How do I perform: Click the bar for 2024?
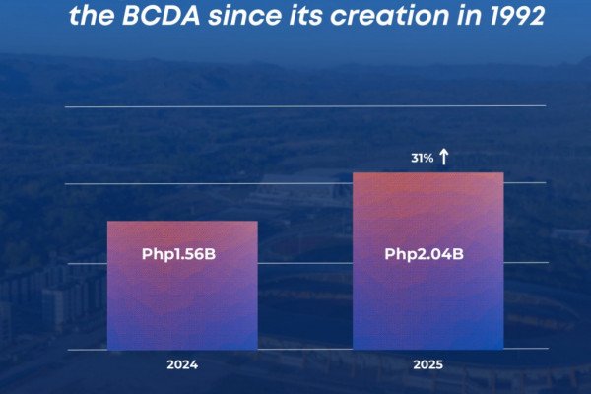tap(182, 286)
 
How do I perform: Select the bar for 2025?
tap(428, 261)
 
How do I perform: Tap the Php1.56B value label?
tap(178, 254)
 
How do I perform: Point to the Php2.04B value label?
tap(424, 254)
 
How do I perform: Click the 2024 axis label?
tap(182, 365)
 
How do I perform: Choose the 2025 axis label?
tap(428, 365)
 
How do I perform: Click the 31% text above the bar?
tap(423, 158)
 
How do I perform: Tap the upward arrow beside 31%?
tap(444, 157)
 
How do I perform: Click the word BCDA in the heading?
tap(162, 16)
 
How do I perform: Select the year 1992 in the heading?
tap(518, 16)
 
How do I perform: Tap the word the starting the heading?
tap(92, 16)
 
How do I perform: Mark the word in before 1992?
tap(471, 16)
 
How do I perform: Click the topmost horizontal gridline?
tap(305, 106)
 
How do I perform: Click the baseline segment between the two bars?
tap(305, 350)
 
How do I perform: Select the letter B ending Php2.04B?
tap(458, 254)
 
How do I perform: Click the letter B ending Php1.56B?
tap(210, 254)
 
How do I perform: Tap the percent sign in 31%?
tap(427, 158)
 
